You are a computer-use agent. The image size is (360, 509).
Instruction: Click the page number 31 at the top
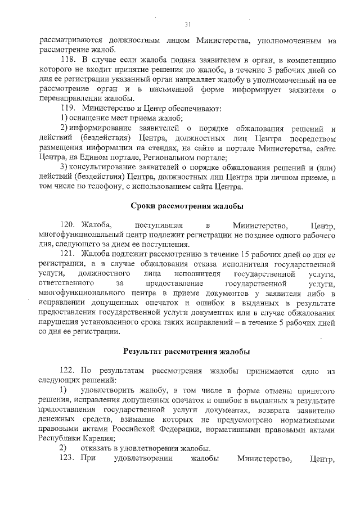pyautogui.click(x=188, y=24)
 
